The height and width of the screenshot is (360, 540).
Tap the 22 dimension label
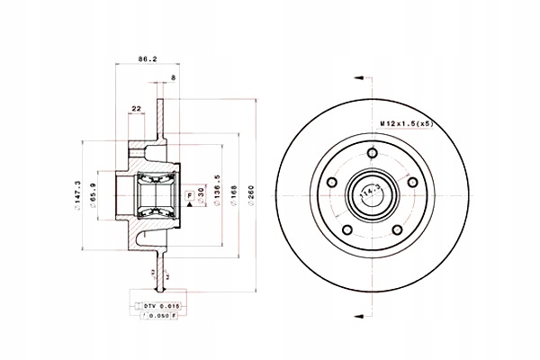[137, 110]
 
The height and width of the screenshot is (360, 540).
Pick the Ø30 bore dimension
[201, 196]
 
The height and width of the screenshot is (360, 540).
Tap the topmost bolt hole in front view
[371, 154]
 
